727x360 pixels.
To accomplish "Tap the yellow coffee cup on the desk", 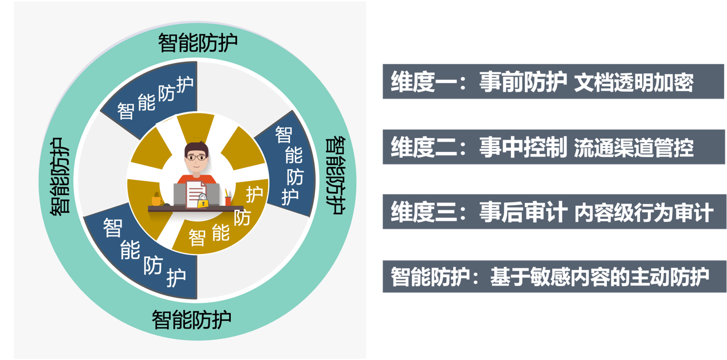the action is pyautogui.click(x=156, y=199).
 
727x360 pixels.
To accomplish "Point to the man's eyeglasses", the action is pyautogui.click(x=197, y=156).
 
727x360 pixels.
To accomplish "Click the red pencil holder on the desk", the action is pyautogui.click(x=228, y=200).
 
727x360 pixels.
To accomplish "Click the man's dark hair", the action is pyautogui.click(x=197, y=146).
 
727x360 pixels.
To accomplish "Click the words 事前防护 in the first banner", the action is pyautogui.click(x=523, y=83).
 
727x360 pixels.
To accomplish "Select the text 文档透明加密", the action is pyautogui.click(x=634, y=83).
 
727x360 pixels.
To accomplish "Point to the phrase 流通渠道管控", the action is pyautogui.click(x=634, y=148).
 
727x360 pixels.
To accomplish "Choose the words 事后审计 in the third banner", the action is pyautogui.click(x=523, y=213).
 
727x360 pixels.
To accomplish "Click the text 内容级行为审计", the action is pyautogui.click(x=643, y=213).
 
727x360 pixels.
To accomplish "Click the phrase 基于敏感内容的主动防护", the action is pyautogui.click(x=599, y=277).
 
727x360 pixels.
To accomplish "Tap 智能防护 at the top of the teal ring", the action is pyautogui.click(x=198, y=43).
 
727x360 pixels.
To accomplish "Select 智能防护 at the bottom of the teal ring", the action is pyautogui.click(x=191, y=319).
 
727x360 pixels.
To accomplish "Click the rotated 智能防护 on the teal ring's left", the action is pyautogui.click(x=60, y=177).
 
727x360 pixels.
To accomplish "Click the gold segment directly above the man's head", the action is pyautogui.click(x=195, y=125).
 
